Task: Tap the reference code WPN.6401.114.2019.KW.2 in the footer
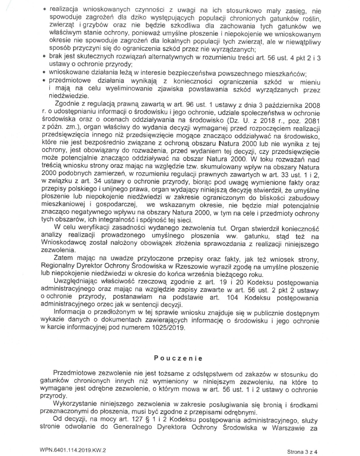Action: point(72,450)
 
